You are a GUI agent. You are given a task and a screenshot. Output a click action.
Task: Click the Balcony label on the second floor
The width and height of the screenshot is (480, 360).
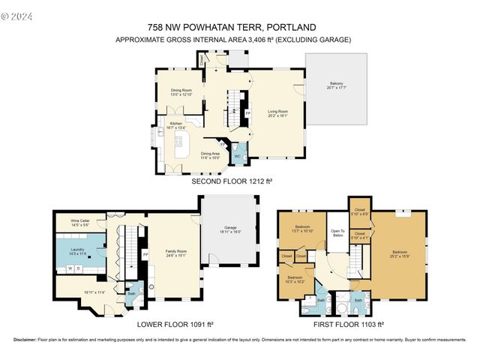335,85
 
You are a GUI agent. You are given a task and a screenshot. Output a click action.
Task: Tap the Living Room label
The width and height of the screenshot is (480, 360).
278,113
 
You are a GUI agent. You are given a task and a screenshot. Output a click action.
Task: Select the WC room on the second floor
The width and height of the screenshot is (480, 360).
238,156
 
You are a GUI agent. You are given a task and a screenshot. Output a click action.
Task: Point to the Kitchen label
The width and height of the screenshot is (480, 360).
175,125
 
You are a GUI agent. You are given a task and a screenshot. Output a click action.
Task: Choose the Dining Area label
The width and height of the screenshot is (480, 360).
209,156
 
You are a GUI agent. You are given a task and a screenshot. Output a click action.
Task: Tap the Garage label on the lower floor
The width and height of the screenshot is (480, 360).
229,230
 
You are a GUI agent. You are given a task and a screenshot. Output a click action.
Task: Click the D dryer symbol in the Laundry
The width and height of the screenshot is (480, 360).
79,268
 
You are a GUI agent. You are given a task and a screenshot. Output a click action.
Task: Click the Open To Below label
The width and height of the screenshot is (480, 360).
337,233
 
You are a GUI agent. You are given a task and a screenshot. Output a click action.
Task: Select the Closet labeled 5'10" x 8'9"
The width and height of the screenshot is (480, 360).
359,211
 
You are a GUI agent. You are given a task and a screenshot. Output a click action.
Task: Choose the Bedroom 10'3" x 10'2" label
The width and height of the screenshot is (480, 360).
295,279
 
